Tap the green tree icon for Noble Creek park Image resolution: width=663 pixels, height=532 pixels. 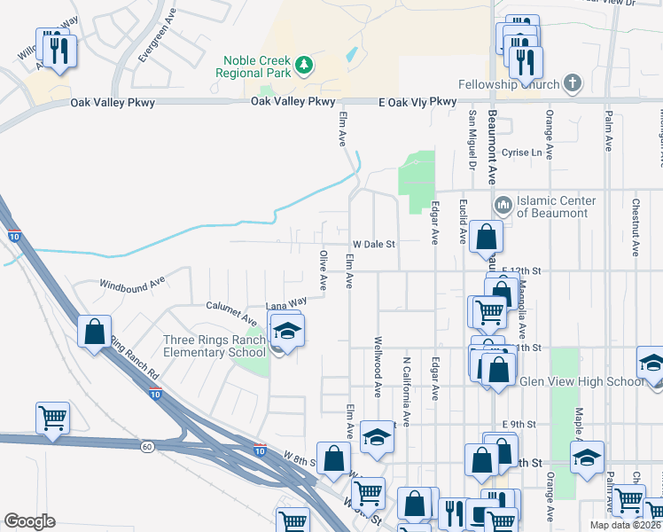tap(304, 64)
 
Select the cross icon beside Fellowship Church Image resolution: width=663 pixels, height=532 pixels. tap(573, 84)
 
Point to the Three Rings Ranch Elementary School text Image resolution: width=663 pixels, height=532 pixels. tap(215, 347)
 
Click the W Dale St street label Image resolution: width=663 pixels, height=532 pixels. tap(373, 244)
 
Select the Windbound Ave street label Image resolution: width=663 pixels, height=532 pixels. tap(133, 283)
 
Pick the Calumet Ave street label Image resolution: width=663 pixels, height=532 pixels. tap(232, 312)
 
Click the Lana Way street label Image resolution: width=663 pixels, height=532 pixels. tap(288, 302)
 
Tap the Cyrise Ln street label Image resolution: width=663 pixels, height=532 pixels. tap(521, 153)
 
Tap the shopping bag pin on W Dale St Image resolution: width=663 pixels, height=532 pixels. tap(486, 237)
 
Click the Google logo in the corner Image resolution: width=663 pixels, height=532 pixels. tap(29, 521)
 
